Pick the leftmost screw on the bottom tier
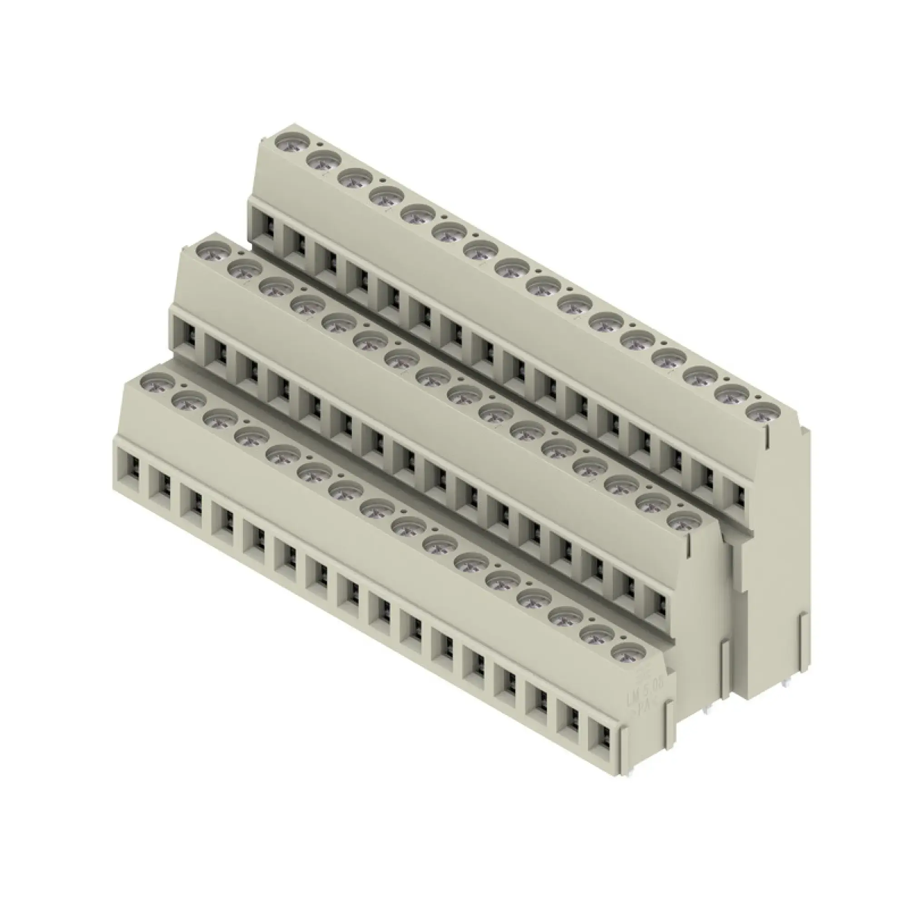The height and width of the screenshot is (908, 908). [156, 381]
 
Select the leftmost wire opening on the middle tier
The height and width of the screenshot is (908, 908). [188, 336]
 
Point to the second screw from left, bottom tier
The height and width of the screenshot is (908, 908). [189, 400]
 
